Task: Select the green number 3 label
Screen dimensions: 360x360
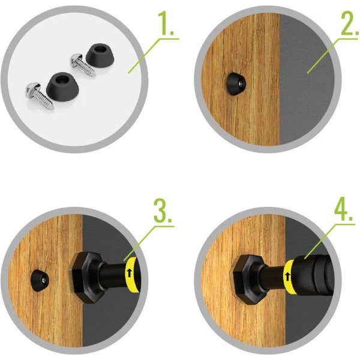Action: pos(163,211)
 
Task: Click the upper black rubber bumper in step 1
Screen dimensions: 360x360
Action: pos(100,56)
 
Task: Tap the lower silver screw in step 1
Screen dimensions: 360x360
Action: pos(39,95)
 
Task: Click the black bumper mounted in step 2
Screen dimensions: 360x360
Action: pos(236,84)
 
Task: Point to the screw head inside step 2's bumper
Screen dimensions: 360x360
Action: pos(241,84)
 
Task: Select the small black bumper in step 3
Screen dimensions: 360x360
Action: pos(39,280)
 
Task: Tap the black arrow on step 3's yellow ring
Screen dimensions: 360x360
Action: pos(129,273)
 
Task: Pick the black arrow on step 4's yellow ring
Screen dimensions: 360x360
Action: pos(287,277)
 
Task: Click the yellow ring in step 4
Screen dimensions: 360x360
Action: pos(289,277)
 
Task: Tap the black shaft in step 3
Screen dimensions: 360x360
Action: pos(113,275)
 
